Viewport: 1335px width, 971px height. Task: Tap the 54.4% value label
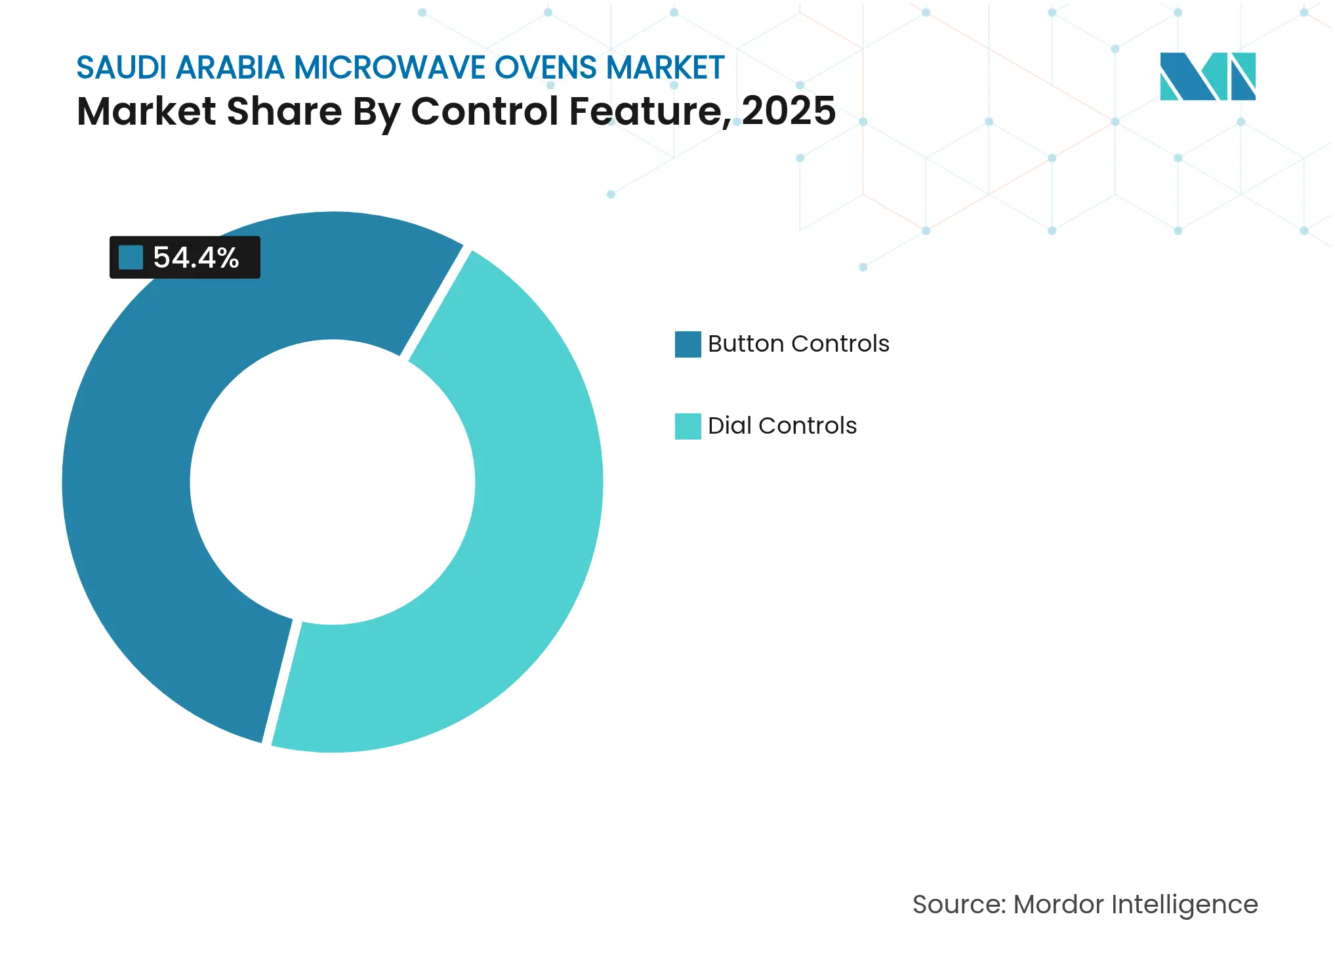(x=195, y=257)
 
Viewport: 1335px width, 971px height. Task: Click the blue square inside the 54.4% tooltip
(x=131, y=257)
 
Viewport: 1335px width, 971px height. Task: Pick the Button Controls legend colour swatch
(x=688, y=344)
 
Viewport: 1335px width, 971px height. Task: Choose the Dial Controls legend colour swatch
(x=688, y=426)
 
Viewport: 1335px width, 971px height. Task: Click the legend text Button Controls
(x=798, y=344)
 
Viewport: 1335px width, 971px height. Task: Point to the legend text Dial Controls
(x=782, y=426)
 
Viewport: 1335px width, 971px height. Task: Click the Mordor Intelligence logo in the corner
(x=1207, y=76)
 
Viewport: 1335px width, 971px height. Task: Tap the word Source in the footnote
(x=958, y=904)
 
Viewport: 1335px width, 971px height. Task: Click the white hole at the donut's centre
(x=333, y=482)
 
